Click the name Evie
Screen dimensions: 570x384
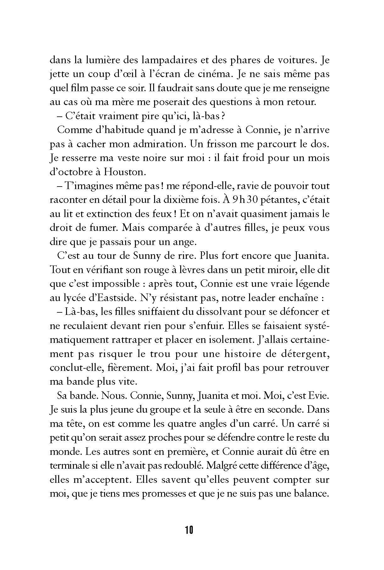(318, 396)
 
